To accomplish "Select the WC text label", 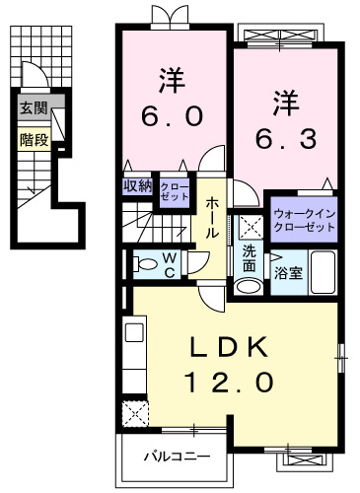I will click(x=171, y=263).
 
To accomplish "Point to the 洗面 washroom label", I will click(x=251, y=258).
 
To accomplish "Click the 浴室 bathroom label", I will click(x=288, y=271).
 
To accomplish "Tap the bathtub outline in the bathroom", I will click(x=323, y=269).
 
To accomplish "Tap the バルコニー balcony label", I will click(x=175, y=457).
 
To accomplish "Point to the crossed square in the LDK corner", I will click(x=132, y=411).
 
